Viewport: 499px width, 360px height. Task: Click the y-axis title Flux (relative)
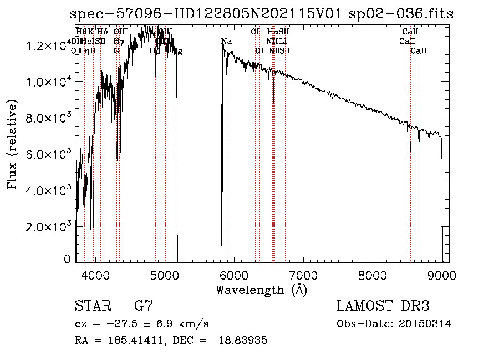tap(12, 145)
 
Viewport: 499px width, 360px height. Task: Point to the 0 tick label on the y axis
tap(67, 259)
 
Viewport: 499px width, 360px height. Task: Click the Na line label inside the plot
tap(226, 42)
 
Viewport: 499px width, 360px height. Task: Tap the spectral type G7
tap(143, 306)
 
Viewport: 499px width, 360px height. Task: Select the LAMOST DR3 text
tap(383, 306)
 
